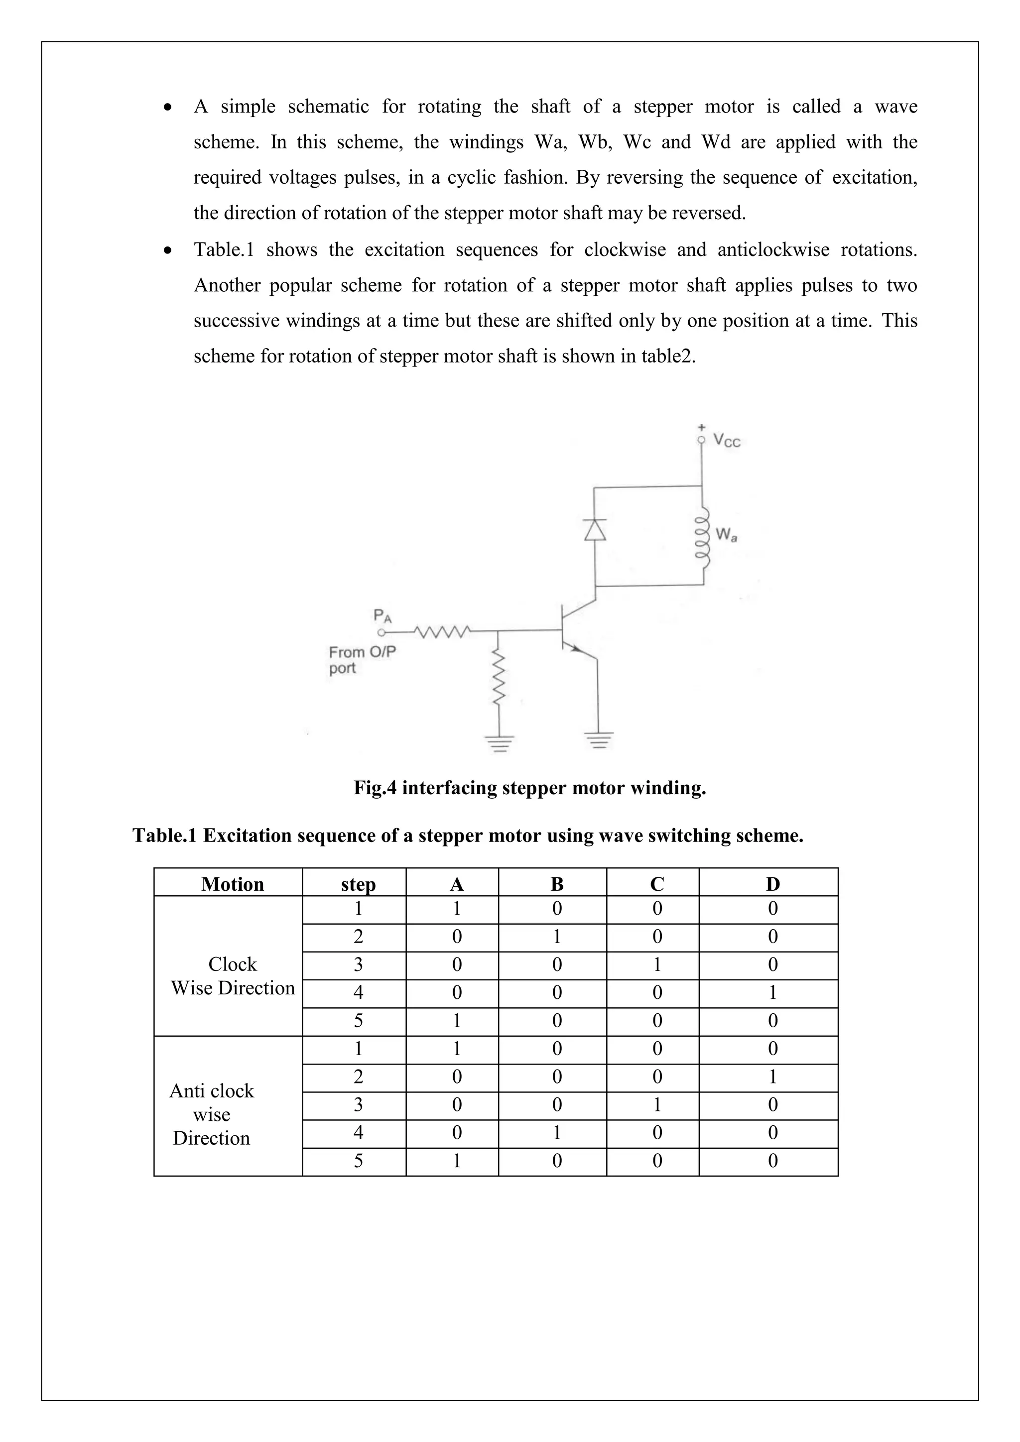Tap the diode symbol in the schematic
click(595, 529)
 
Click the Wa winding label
click(726, 535)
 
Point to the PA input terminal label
click(382, 615)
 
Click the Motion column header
click(233, 884)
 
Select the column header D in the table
click(772, 884)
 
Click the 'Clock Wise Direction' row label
click(233, 976)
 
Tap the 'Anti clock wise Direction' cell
click(212, 1114)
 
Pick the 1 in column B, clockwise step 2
click(556, 937)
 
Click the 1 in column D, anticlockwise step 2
click(772, 1077)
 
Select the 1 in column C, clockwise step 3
click(657, 964)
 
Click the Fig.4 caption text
click(529, 788)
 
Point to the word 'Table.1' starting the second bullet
click(224, 250)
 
